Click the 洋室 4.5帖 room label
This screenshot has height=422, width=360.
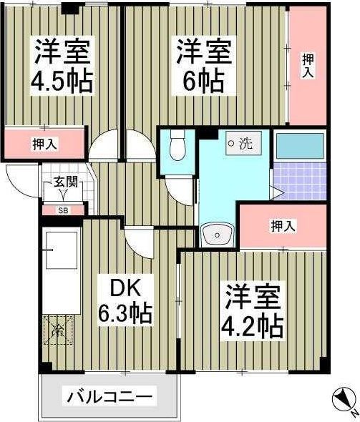pos(62,65)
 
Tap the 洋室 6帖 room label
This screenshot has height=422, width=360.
pos(204,65)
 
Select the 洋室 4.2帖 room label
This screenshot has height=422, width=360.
pos(253,312)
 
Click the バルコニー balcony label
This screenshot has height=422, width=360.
pos(110,396)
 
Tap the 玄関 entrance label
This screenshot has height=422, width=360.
pos(66,182)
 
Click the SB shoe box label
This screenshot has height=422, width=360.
pos(63,211)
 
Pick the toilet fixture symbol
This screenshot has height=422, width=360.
pos(177,146)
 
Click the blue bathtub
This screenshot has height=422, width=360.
pos(300,146)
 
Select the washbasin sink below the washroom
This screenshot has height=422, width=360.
pos(218,234)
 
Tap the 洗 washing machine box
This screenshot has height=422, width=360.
pos(243,143)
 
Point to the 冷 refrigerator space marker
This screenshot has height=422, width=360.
pos(59,330)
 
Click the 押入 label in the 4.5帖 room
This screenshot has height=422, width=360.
pos(44,144)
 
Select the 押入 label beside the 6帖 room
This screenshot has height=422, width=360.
pos(308,66)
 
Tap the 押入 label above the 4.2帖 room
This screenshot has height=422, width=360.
pos(283,225)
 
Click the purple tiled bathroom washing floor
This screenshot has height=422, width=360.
pos(300,181)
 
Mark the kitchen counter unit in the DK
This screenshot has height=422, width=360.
pos(62,270)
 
